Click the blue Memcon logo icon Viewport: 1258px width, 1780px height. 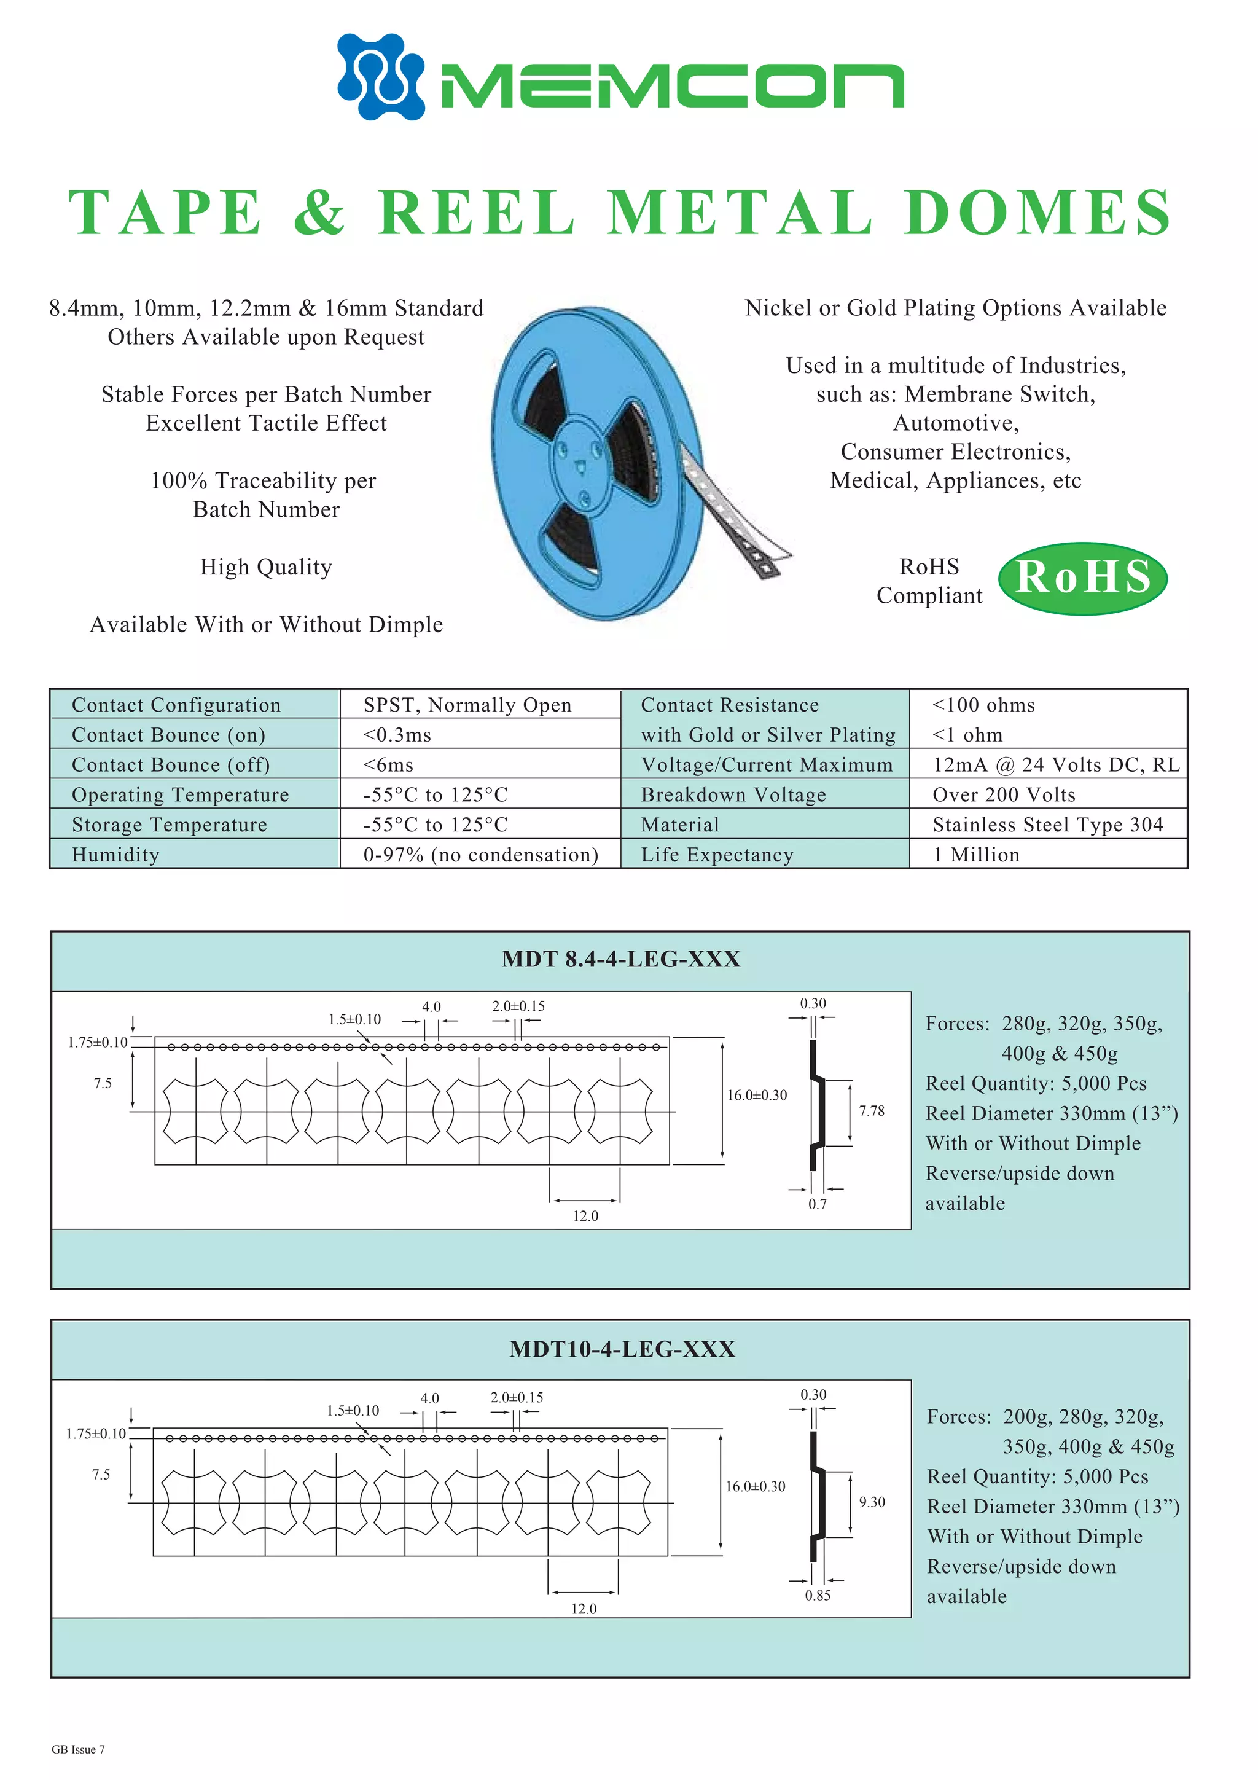(381, 76)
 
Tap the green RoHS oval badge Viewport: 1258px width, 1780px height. (1082, 578)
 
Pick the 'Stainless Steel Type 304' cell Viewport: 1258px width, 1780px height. (1047, 825)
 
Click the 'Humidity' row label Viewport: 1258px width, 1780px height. (115, 855)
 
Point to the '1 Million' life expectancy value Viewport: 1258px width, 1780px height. (976, 855)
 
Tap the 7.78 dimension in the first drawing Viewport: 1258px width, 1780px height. (871, 1111)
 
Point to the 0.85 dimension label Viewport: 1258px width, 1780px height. (817, 1596)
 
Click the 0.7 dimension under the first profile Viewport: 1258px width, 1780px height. (817, 1204)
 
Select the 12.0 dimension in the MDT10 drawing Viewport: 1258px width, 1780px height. (584, 1609)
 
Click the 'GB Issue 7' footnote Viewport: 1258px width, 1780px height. (78, 1749)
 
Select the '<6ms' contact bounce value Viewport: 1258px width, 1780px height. (388, 765)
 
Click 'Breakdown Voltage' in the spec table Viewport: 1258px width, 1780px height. (733, 794)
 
